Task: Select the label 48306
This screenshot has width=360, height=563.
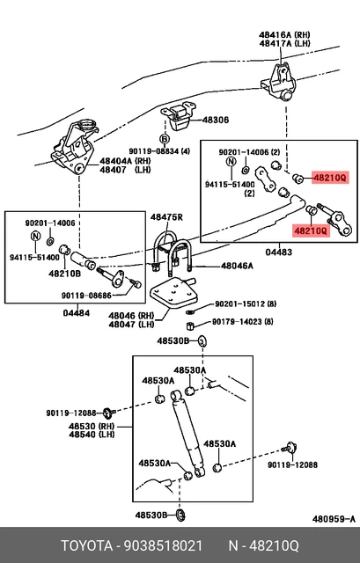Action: (x=216, y=121)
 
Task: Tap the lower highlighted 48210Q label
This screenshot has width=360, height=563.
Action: (x=310, y=230)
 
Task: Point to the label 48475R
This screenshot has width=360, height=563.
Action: (x=166, y=217)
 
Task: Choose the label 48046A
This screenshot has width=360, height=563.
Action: (x=237, y=265)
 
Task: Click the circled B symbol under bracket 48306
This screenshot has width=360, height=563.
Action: (x=164, y=139)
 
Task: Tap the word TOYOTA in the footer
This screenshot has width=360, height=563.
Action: (x=84, y=545)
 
